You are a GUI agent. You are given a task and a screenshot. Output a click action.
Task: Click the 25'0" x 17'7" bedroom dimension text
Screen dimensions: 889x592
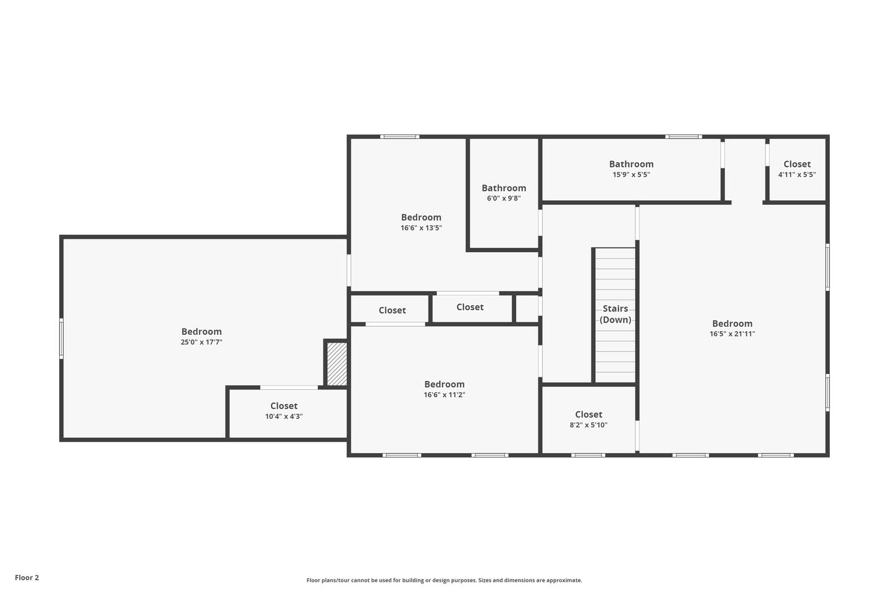pos(201,342)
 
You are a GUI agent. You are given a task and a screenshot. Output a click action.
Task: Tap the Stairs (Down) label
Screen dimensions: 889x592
pos(615,314)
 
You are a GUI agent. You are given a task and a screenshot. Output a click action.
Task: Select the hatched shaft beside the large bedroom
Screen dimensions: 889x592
pos(336,364)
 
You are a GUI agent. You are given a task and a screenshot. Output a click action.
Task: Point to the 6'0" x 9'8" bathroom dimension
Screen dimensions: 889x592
pos(504,199)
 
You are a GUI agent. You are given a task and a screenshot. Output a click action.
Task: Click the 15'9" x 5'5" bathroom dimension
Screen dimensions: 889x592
pos(631,175)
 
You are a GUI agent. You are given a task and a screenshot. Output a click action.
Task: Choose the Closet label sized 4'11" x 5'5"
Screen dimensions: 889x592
pos(797,164)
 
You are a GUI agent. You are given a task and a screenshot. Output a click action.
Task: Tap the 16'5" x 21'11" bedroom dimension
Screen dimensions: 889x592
pos(732,334)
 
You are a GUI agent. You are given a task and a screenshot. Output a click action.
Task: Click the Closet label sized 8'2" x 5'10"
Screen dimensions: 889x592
pos(588,414)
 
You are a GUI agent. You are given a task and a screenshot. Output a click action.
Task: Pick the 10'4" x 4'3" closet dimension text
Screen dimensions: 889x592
pos(284,416)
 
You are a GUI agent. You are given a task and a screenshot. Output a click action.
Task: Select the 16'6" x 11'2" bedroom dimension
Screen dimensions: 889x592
pos(444,395)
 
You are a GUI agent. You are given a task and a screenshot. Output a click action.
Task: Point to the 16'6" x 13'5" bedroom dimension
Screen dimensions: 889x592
pos(421,228)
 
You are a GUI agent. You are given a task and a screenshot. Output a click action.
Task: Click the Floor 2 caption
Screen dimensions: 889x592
pos(27,577)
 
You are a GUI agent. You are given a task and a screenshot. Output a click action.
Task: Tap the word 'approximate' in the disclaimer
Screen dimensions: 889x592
pos(564,580)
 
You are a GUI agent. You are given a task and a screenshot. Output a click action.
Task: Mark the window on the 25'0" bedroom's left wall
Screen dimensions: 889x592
pos(61,338)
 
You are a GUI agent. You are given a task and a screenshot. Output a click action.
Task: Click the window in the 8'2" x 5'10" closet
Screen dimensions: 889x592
pos(588,455)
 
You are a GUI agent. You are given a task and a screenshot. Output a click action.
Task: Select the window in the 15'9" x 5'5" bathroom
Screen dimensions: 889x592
pos(683,137)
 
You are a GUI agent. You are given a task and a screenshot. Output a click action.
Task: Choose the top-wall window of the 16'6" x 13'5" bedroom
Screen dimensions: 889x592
pos(399,137)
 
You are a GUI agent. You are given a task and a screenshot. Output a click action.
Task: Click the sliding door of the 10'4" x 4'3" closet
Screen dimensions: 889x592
pos(289,387)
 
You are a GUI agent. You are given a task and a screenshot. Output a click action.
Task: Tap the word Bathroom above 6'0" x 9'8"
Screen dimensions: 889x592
pos(504,188)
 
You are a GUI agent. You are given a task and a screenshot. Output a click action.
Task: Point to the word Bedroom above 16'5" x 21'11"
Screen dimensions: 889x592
pos(732,324)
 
